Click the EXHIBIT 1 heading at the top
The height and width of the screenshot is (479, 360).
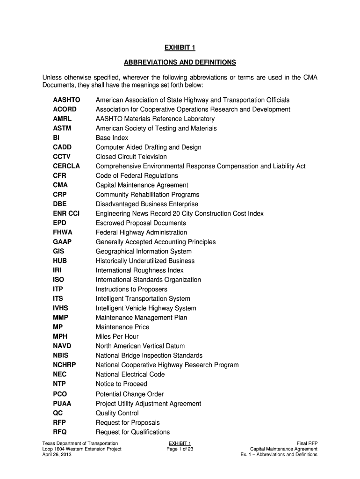pyautogui.click(x=180, y=47)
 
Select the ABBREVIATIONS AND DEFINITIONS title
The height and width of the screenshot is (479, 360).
pyautogui.click(x=180, y=62)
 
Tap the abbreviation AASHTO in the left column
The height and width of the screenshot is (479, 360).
pyautogui.click(x=66, y=100)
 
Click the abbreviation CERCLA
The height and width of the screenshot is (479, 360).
pyautogui.click(x=66, y=166)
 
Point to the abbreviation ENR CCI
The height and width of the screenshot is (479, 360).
pyautogui.click(x=66, y=213)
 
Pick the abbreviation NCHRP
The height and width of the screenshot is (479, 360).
pyautogui.click(x=65, y=365)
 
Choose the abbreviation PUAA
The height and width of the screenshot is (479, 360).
pyautogui.click(x=62, y=403)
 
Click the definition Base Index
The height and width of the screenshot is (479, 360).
pyautogui.click(x=112, y=138)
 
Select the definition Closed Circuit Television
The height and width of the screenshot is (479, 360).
pyautogui.click(x=131, y=157)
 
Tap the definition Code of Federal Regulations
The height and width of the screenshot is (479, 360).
pyautogui.click(x=137, y=176)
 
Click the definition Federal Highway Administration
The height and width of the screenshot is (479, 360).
pyautogui.click(x=141, y=232)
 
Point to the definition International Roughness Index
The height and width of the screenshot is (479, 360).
pyautogui.click(x=139, y=270)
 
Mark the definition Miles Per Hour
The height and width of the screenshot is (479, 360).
pyautogui.click(x=117, y=336)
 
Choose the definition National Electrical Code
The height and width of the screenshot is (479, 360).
pyautogui.click(x=130, y=374)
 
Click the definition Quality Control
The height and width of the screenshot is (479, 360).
pyautogui.click(x=117, y=413)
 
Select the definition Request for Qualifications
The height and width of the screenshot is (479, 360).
pyautogui.click(x=132, y=432)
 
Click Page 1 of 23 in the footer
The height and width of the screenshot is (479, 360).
pyautogui.click(x=180, y=449)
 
